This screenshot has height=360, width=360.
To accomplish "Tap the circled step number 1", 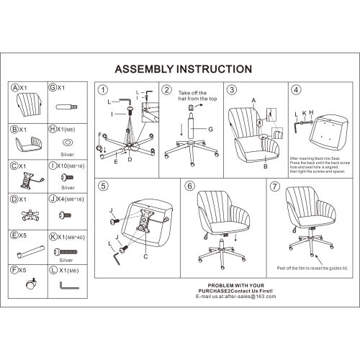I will [x=102, y=90].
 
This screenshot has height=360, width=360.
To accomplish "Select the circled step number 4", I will [x=295, y=90].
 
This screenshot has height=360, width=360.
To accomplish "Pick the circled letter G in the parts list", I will [x=53, y=88].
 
